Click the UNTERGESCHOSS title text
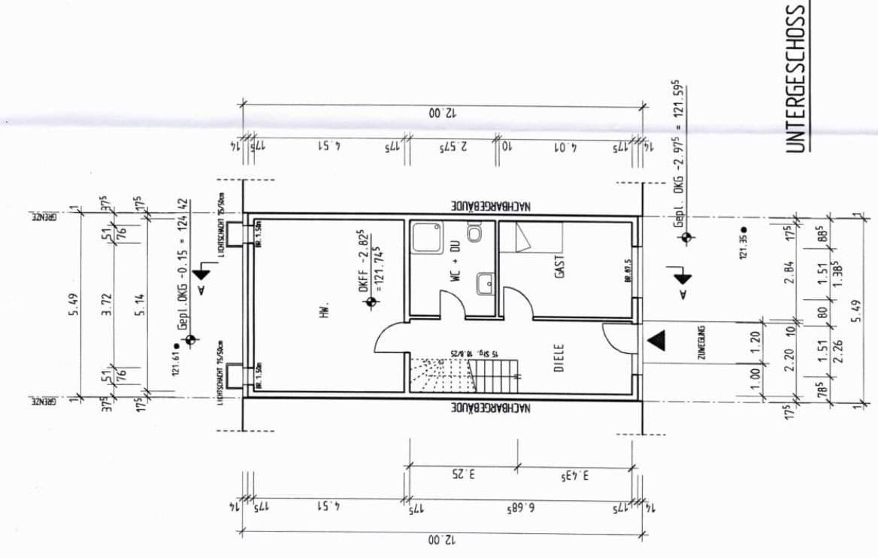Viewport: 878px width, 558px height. point(797,77)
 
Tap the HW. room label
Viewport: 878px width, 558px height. point(325,309)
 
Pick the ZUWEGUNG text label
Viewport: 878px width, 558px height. point(700,341)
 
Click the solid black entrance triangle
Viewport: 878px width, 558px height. point(657,341)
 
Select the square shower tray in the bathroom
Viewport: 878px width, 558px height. point(428,238)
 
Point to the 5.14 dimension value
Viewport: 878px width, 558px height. point(140,304)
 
